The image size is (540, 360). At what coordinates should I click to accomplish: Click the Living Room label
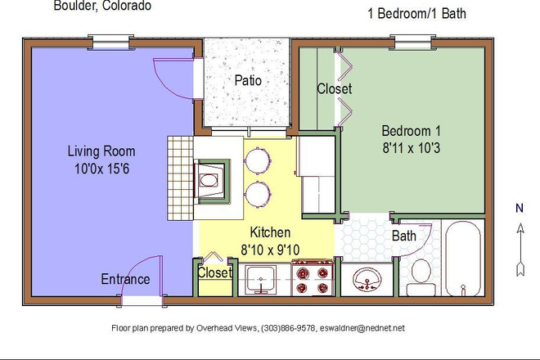coord(101,151)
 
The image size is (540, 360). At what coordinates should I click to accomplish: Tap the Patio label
coord(247,81)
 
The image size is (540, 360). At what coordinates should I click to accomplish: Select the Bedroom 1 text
coord(412,131)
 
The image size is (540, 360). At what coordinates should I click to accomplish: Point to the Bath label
coord(404,236)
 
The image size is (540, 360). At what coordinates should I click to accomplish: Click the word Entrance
coord(125,279)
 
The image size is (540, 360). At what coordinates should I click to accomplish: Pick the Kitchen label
coord(270,232)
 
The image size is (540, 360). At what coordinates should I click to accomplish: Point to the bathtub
coord(466,258)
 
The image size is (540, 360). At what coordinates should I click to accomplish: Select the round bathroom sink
coord(367,281)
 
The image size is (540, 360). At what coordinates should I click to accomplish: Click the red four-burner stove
coord(313,277)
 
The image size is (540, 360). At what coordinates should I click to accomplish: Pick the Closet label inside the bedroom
coord(334,88)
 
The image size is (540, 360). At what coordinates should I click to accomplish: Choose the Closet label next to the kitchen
coord(215,272)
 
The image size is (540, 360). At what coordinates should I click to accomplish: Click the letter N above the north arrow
coord(518,208)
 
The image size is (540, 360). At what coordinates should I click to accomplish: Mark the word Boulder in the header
coord(73,7)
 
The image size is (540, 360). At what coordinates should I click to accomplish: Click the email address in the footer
coord(362,328)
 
